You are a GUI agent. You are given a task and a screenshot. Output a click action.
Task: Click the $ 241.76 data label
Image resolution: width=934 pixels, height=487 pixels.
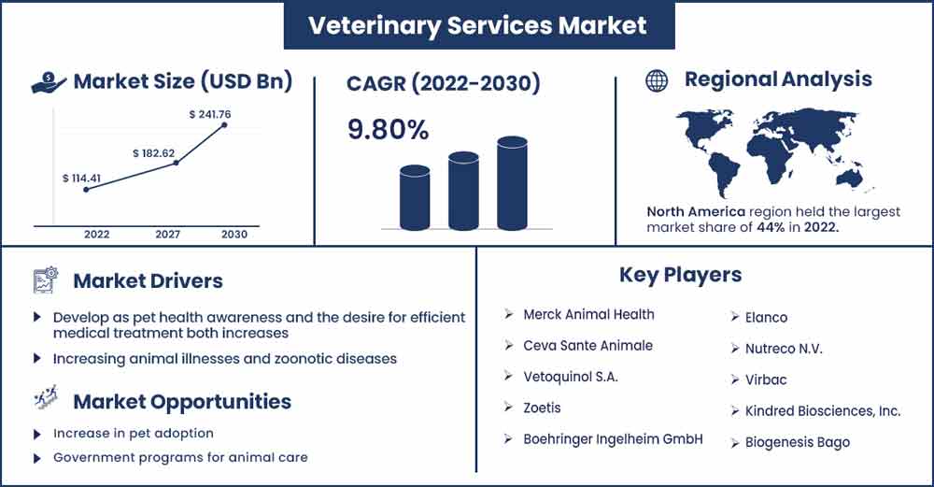[209, 114]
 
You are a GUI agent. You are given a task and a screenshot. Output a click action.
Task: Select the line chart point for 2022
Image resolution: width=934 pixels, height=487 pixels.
[86, 190]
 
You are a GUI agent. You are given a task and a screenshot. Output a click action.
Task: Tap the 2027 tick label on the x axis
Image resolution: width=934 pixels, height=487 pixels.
[168, 235]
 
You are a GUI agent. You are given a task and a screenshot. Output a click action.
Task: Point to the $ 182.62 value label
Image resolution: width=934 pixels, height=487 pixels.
[154, 153]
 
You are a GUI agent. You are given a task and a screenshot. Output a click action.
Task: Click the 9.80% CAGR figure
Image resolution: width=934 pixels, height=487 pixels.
[388, 129]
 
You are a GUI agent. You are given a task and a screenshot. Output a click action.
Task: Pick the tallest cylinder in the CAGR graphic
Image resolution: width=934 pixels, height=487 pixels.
[512, 183]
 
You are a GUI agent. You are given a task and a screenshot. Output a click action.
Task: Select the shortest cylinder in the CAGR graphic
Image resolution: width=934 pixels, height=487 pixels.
[415, 198]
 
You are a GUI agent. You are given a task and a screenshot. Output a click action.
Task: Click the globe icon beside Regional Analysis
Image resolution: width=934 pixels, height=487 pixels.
[657, 80]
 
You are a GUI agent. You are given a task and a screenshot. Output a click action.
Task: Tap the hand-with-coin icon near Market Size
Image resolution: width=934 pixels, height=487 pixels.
[49, 82]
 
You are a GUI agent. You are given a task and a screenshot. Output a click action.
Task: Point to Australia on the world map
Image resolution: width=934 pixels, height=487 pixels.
[848, 178]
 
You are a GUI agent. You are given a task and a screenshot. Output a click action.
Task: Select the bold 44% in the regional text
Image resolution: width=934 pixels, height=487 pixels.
[771, 227]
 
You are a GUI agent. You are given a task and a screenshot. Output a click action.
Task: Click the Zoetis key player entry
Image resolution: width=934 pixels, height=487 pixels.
[542, 408]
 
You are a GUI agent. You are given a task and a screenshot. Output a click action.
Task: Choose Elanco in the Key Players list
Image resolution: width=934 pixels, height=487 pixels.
[766, 318]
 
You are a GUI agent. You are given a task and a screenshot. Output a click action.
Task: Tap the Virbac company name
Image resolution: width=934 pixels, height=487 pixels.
[766, 380]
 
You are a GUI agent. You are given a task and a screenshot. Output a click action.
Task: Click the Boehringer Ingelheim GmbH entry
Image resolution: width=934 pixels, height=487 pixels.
[613, 439]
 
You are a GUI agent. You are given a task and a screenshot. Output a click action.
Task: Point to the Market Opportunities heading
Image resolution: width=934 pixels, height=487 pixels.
[182, 402]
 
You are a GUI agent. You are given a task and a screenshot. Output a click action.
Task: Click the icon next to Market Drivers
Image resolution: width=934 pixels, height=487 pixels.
[45, 280]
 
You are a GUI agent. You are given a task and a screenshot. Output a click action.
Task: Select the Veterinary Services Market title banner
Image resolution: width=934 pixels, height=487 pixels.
[479, 25]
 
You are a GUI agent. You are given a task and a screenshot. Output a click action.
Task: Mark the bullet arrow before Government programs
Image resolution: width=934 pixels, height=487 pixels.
[37, 458]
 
